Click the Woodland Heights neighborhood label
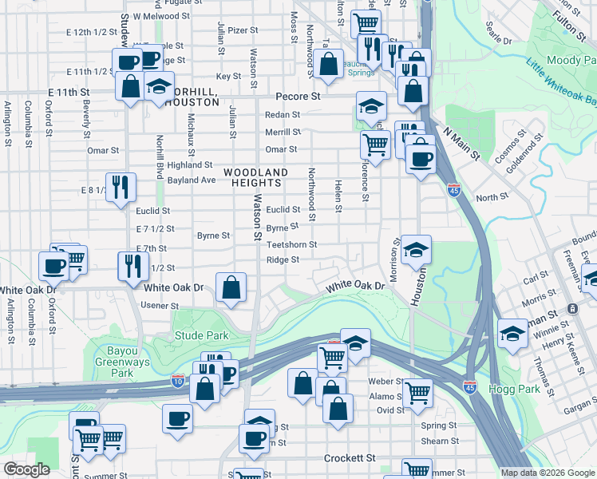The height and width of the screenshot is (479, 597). tap(255, 177)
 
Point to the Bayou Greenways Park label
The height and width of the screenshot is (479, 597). tap(121, 362)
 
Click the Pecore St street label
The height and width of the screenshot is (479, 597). tap(298, 96)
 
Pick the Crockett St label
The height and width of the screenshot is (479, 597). tap(350, 458)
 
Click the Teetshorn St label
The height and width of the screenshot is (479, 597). tap(292, 245)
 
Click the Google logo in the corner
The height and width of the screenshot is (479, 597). tap(27, 469)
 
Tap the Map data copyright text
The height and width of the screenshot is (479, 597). tap(548, 473)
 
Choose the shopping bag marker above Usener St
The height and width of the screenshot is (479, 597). tap(231, 287)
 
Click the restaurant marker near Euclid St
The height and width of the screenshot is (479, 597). tap(121, 188)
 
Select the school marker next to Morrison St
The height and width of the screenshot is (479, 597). tap(415, 251)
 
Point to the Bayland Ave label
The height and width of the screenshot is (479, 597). tap(192, 180)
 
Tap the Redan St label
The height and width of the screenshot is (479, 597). tap(283, 115)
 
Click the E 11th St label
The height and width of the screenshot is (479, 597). tap(69, 93)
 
